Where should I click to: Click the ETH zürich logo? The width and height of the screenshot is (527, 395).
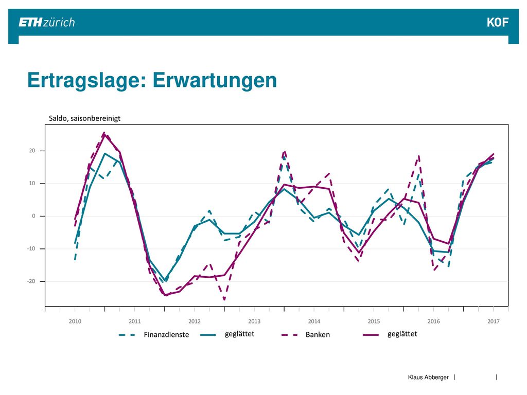point(47,23)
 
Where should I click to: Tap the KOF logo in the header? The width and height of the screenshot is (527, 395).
point(498,23)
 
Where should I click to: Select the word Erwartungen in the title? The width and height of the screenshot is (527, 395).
point(215,81)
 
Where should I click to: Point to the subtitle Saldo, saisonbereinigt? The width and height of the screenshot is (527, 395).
point(85,118)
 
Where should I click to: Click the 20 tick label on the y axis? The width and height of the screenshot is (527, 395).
point(32,151)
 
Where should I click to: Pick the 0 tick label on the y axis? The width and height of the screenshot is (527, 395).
point(33,216)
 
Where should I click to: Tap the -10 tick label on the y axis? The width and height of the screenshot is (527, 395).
point(31,248)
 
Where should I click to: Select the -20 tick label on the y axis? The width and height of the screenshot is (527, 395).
point(31,281)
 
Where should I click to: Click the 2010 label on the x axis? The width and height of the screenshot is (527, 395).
point(75,321)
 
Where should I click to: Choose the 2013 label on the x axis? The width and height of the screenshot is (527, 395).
point(254,321)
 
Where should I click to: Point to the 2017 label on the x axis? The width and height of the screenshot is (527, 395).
point(494,321)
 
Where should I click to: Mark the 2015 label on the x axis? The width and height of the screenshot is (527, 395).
point(374,321)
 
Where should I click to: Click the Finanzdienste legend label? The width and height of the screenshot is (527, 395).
point(166,334)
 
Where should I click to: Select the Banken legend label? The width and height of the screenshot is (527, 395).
point(318,334)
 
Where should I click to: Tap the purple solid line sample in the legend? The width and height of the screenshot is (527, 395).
point(371,335)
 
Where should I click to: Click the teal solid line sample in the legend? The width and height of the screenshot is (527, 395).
point(208,335)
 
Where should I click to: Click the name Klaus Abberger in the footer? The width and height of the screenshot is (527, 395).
point(428,377)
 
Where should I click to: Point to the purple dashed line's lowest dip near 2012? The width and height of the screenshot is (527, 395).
point(224,299)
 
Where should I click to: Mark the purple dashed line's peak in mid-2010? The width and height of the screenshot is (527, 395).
point(104,133)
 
